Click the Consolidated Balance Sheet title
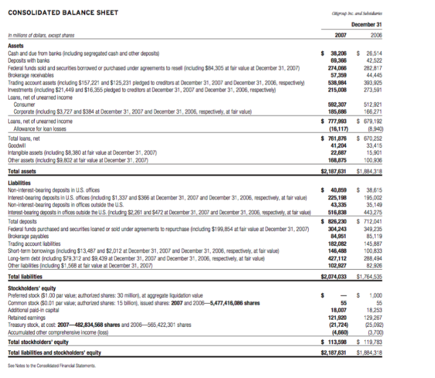tap(63, 13)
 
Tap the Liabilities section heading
tap(20, 184)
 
